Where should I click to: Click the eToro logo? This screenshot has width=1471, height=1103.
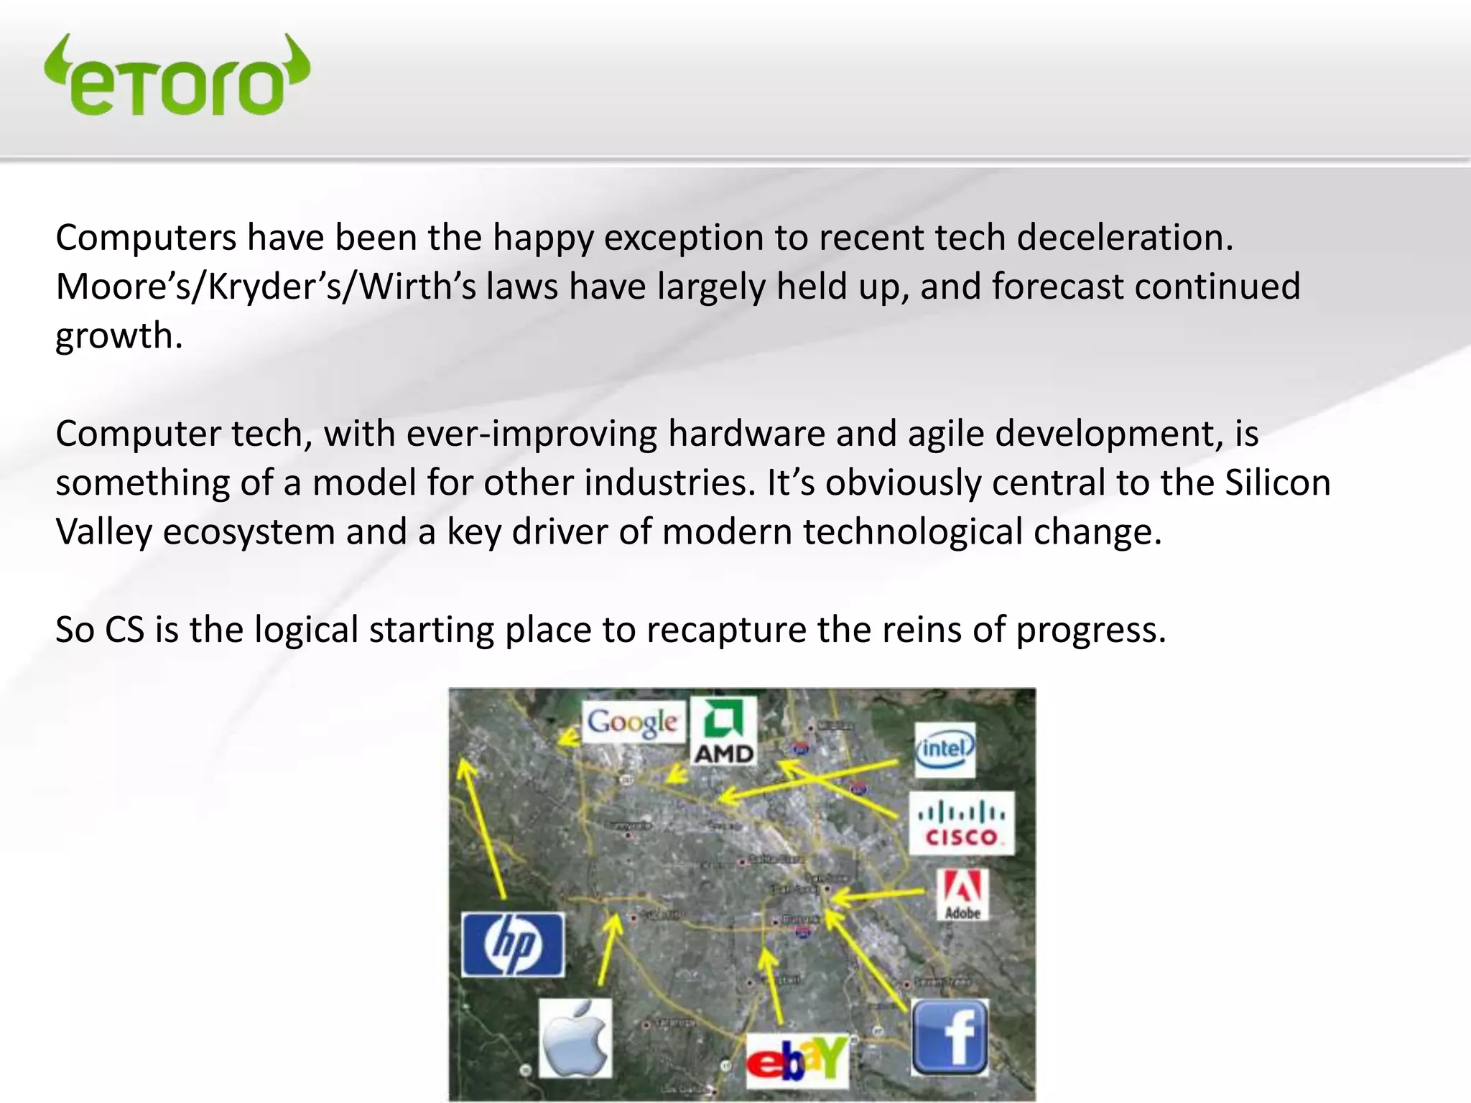[177, 76]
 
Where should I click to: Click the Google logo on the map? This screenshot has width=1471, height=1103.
[632, 722]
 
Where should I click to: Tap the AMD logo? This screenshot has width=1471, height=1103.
[723, 731]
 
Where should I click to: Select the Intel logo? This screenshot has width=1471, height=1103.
[945, 750]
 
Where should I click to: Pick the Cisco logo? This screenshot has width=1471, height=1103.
[962, 824]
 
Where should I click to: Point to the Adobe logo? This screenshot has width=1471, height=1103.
[962, 895]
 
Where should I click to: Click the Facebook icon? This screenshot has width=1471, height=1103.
[950, 1035]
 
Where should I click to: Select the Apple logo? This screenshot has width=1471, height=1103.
[575, 1038]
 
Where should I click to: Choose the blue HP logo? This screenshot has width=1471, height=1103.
[512, 944]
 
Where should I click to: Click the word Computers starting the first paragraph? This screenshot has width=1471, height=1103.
[146, 238]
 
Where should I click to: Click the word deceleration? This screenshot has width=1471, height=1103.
[1124, 238]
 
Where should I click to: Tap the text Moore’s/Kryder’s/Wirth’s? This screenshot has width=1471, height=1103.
[266, 287]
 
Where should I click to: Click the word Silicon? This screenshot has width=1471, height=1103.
[1278, 483]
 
